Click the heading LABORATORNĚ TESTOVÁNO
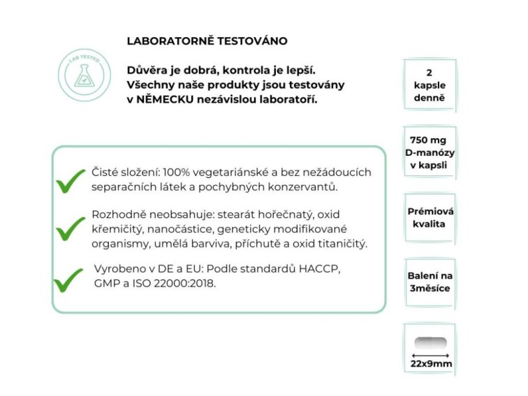[207, 41]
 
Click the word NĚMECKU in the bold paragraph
[166, 100]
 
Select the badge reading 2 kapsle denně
[429, 85]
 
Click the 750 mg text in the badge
[429, 140]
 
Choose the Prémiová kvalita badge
[429, 217]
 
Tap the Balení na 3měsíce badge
[429, 282]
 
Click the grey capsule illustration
[430, 343]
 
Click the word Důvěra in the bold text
[147, 71]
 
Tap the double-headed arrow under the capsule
[430, 355]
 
